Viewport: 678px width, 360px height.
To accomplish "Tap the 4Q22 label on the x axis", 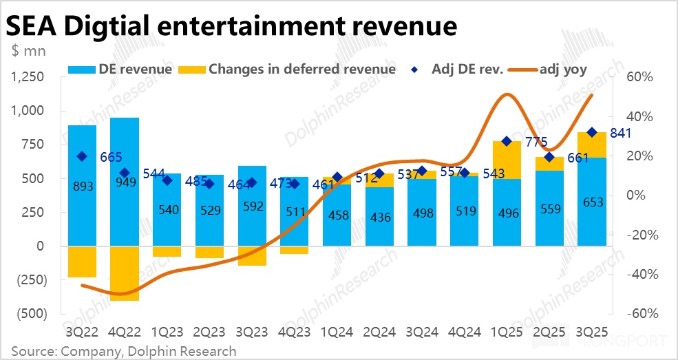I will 125,332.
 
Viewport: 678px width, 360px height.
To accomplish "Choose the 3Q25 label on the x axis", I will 592,332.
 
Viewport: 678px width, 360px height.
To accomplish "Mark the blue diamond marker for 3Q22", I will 82,156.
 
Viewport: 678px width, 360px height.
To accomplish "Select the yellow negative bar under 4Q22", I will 125,273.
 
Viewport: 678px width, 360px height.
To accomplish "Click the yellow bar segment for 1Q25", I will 507,160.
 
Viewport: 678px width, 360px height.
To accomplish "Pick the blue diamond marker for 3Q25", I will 592,132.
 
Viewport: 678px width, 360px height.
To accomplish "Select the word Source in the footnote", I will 31,351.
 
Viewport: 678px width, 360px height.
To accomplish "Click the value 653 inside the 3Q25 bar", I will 592,202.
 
